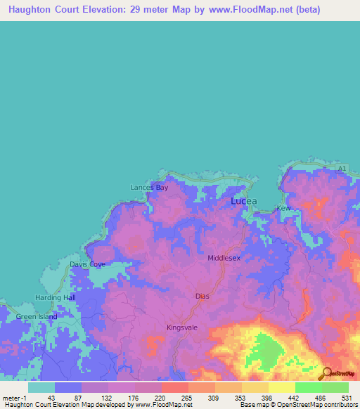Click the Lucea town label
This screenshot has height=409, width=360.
(x=244, y=201)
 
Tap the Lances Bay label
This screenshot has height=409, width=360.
(x=149, y=188)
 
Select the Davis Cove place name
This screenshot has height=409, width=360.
(x=87, y=265)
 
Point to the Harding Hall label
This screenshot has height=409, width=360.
(x=55, y=298)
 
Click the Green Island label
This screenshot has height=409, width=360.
(x=37, y=317)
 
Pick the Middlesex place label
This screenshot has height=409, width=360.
(x=224, y=258)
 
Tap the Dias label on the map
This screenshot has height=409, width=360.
(x=202, y=297)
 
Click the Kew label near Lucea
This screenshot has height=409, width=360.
(x=283, y=209)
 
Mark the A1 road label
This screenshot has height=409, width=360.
(x=340, y=169)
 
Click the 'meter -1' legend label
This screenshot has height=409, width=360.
(x=14, y=398)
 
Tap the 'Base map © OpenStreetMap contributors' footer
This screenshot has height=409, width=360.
(x=297, y=405)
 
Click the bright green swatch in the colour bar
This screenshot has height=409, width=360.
(x=308, y=387)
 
